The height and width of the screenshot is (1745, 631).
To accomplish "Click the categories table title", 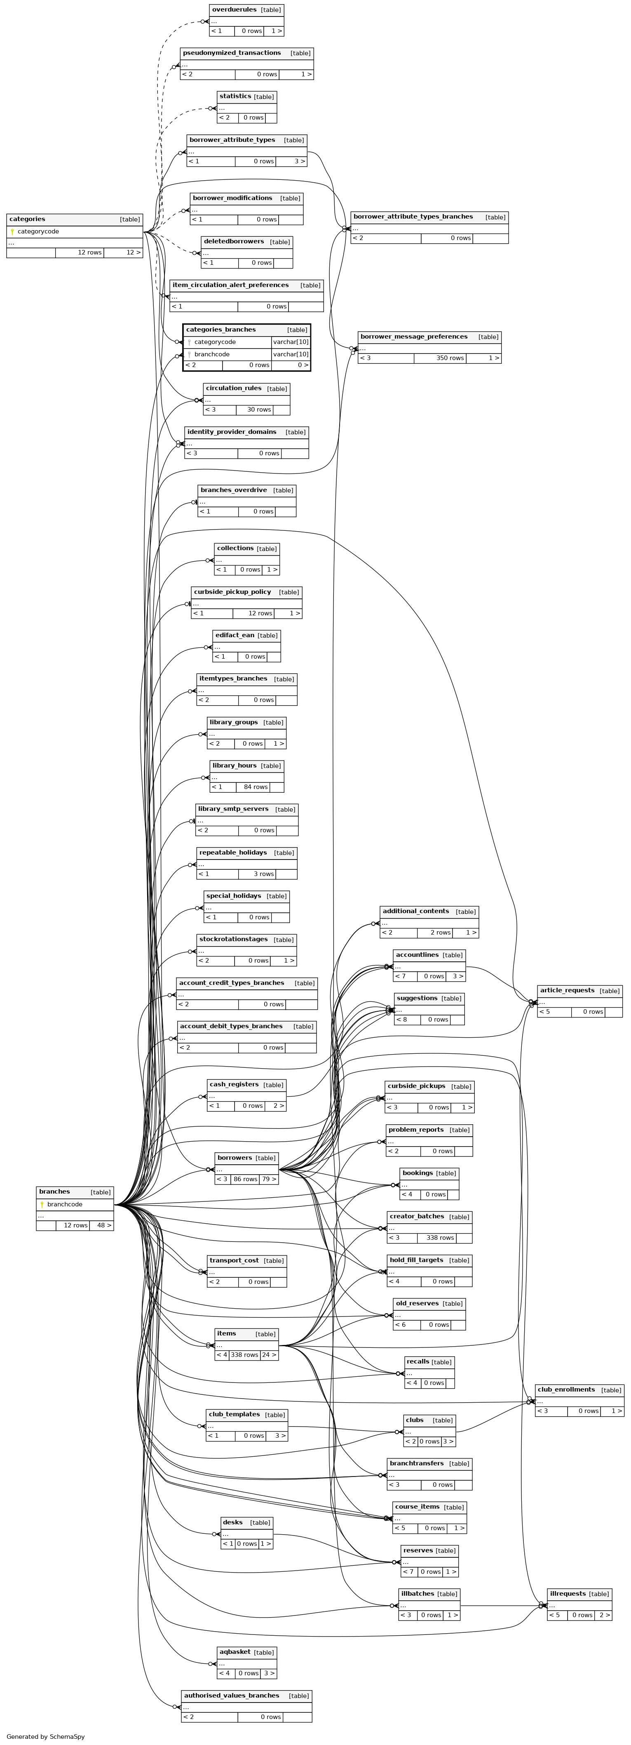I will click(x=28, y=219).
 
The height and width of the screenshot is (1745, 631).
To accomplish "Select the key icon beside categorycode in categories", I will click(x=12, y=232).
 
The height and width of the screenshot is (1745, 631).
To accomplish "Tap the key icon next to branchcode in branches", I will click(x=42, y=1204).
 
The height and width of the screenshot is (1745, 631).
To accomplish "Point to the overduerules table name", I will click(x=234, y=9).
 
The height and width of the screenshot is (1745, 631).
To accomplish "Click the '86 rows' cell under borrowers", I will click(x=246, y=1180).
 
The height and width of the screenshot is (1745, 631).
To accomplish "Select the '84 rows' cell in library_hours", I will click(x=256, y=787).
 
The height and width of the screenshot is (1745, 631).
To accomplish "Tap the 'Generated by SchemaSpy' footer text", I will click(x=45, y=1737).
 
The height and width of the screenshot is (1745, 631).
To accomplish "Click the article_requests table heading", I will click(x=567, y=990).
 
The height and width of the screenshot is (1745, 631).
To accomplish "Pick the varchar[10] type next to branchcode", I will click(x=291, y=354).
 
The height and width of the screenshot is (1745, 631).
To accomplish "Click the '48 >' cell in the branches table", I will click(x=104, y=1225).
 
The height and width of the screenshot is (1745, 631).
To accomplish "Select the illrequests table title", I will click(x=568, y=1594).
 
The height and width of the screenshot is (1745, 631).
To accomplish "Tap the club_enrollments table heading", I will click(x=566, y=1389).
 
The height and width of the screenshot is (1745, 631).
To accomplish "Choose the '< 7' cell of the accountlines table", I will click(x=400, y=976).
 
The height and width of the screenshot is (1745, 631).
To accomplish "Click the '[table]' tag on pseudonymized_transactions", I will click(x=300, y=53).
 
